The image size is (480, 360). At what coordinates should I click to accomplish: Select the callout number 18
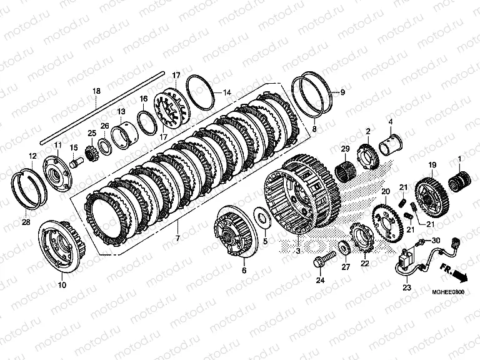[x=96, y=91]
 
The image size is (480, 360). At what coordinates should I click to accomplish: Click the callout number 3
[x=297, y=251]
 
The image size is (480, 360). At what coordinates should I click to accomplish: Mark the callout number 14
[x=227, y=92]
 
